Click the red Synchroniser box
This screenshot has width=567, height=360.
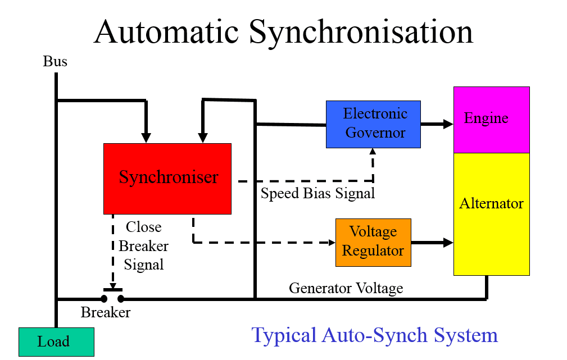[167, 179]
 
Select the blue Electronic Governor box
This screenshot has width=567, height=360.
[373, 124]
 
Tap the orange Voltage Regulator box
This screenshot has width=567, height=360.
[373, 242]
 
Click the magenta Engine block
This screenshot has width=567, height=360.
[491, 119]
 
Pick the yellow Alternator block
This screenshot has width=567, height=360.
[491, 213]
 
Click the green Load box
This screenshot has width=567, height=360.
[56, 341]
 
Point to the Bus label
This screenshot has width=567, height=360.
[55, 61]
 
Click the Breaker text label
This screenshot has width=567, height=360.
[106, 312]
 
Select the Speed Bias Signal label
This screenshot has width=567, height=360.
[317, 194]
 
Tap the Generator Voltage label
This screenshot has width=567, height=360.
[346, 288]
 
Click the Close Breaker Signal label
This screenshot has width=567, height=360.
[143, 245]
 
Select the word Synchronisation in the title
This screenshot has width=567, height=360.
[361, 32]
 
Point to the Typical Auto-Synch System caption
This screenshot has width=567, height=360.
[374, 335]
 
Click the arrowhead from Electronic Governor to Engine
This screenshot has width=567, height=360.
[448, 125]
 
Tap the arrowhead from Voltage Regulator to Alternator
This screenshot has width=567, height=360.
[448, 243]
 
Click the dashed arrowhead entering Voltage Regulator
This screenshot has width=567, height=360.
[332, 243]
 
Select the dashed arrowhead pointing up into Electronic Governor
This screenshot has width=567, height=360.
[373, 152]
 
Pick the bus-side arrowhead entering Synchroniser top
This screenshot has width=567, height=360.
[146, 138]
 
